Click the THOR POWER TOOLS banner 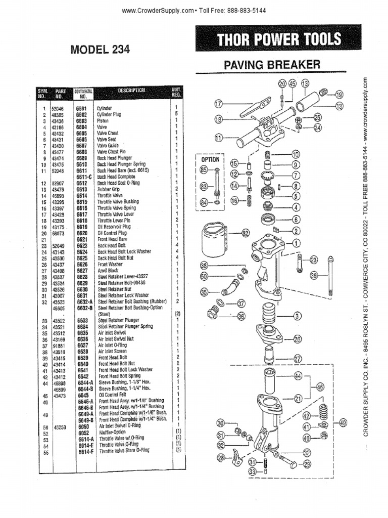coord(279,39)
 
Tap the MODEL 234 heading coord(100,50)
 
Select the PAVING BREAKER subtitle coord(272,65)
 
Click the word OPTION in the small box coord(210,159)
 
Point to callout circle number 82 coord(246,233)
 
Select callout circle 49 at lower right coord(343,423)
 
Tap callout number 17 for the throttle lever coord(218,104)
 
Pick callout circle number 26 coord(298,338)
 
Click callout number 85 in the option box coord(204,170)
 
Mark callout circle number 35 coord(204,291)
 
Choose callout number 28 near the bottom coord(220,457)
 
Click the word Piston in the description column coord(104,121)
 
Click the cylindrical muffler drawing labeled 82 coord(218,239)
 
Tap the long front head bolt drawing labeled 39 coord(330,276)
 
